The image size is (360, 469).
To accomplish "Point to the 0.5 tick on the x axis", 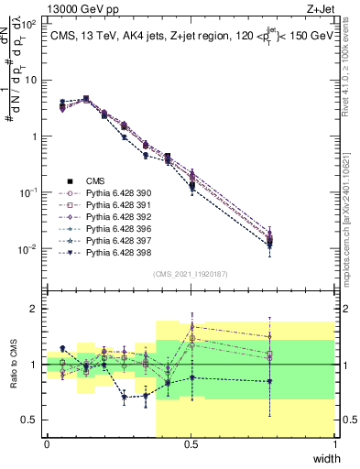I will coord(191,444).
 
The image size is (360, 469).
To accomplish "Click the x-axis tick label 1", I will coord(334,444).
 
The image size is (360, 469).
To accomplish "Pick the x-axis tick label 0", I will coord(47,444).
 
